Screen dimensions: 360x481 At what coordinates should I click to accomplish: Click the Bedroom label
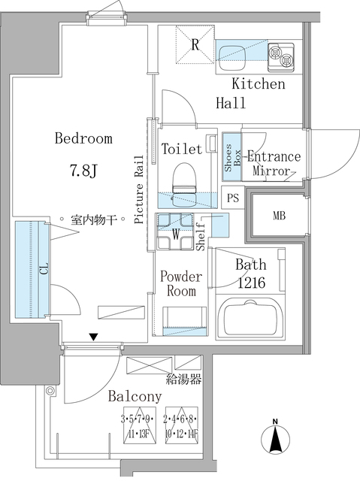[x=83, y=138]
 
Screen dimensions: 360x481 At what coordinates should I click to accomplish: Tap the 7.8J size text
[x=83, y=171]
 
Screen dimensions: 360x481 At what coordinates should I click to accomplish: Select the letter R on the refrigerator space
[x=195, y=45]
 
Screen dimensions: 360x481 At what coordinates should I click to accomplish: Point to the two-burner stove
[x=281, y=57]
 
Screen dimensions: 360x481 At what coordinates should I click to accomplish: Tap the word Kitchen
[x=259, y=83]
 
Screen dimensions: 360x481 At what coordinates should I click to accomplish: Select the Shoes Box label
[x=232, y=158]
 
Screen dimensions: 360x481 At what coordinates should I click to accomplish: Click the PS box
[x=233, y=198]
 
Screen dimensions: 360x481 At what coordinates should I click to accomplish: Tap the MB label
[x=279, y=216]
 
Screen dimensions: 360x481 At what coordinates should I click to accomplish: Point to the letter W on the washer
[x=175, y=234]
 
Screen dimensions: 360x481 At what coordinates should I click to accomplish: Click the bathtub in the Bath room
[x=250, y=318]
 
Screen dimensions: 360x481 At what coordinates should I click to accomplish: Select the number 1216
[x=252, y=283]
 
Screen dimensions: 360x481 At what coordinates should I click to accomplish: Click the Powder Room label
[x=181, y=283]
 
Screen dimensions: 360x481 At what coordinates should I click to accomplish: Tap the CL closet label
[x=44, y=268]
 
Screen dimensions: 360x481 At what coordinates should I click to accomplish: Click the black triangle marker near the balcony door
[x=94, y=337]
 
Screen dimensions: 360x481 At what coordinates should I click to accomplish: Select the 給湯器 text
[x=183, y=380]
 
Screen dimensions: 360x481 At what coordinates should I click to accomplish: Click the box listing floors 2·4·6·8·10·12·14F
[x=181, y=425]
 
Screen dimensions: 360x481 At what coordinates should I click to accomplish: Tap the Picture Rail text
[x=139, y=189]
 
